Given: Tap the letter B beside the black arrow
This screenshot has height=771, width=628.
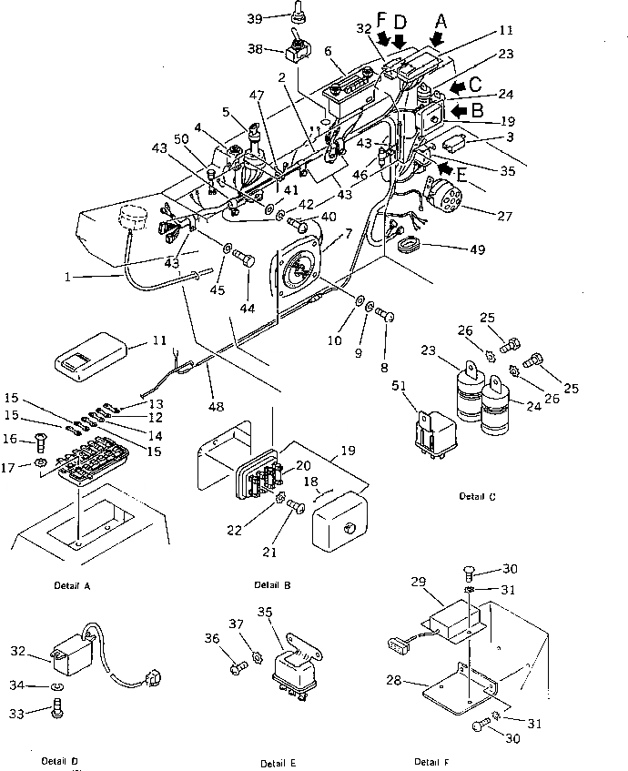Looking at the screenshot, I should pyautogui.click(x=476, y=111).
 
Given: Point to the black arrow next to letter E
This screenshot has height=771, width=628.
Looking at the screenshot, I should pyautogui.click(x=445, y=168).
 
